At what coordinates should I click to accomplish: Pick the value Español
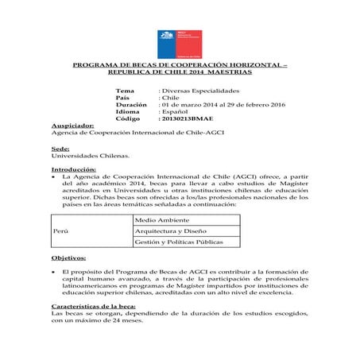pyautogui.click(x=176, y=111)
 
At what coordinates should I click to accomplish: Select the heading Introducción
pyautogui.click(x=73, y=170)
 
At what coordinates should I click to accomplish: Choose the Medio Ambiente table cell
pyautogui.click(x=160, y=218)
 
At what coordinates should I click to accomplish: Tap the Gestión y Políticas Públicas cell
pyautogui.click(x=179, y=241)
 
